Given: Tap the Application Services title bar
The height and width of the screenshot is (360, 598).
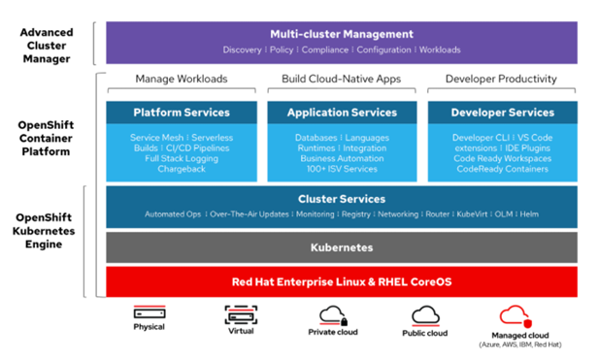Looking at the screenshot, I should coord(344,113).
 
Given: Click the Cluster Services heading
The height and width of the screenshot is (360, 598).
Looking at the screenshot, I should coord(344,199).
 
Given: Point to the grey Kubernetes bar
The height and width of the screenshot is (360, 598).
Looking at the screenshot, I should coord(344,247).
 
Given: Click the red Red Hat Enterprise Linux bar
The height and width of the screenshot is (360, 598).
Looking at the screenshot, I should coord(344,281).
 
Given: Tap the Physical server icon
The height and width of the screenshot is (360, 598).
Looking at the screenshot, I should coord(149,313).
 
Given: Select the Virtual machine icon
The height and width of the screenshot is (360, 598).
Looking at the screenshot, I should coord(241,313).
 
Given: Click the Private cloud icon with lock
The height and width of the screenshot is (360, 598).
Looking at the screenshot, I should coord(333,313).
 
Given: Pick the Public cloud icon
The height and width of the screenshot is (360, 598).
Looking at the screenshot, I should coord(425,313).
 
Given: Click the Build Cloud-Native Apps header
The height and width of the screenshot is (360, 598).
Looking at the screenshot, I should coord(344,78).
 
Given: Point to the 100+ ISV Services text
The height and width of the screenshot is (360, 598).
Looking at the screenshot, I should coord(344,170).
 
